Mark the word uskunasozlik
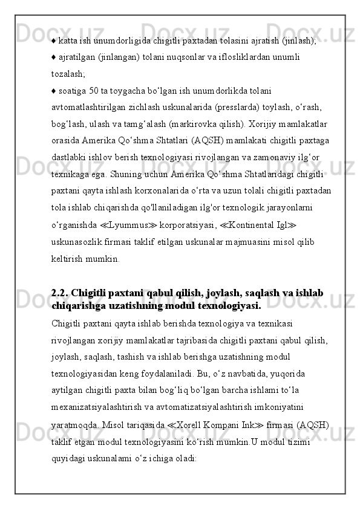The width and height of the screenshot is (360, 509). coord(76,242)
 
